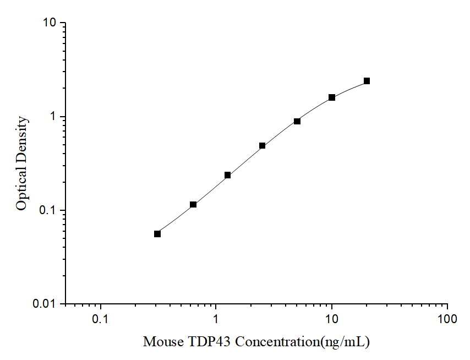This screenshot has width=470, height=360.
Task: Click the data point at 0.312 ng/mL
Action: (x=157, y=234)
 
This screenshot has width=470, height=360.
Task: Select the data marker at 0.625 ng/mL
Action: (x=193, y=205)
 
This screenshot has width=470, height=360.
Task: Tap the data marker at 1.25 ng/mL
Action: (x=227, y=175)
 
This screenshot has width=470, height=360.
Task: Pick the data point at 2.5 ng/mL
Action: (x=263, y=146)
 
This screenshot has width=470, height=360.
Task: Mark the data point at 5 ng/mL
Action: (x=297, y=121)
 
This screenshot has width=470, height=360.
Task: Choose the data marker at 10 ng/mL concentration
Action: (x=332, y=97)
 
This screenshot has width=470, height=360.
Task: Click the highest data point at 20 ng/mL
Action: (x=367, y=81)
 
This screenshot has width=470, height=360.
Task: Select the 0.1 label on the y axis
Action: (x=48, y=210)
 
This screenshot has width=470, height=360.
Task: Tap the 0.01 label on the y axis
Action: (x=45, y=304)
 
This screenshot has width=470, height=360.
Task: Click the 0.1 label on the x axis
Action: (x=100, y=320)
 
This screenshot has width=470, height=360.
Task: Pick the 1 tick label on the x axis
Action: (x=216, y=320)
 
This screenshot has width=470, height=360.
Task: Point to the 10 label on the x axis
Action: (x=331, y=320)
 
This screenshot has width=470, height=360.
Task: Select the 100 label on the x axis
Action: (x=447, y=320)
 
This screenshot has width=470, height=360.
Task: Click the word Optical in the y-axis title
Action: (x=21, y=191)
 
